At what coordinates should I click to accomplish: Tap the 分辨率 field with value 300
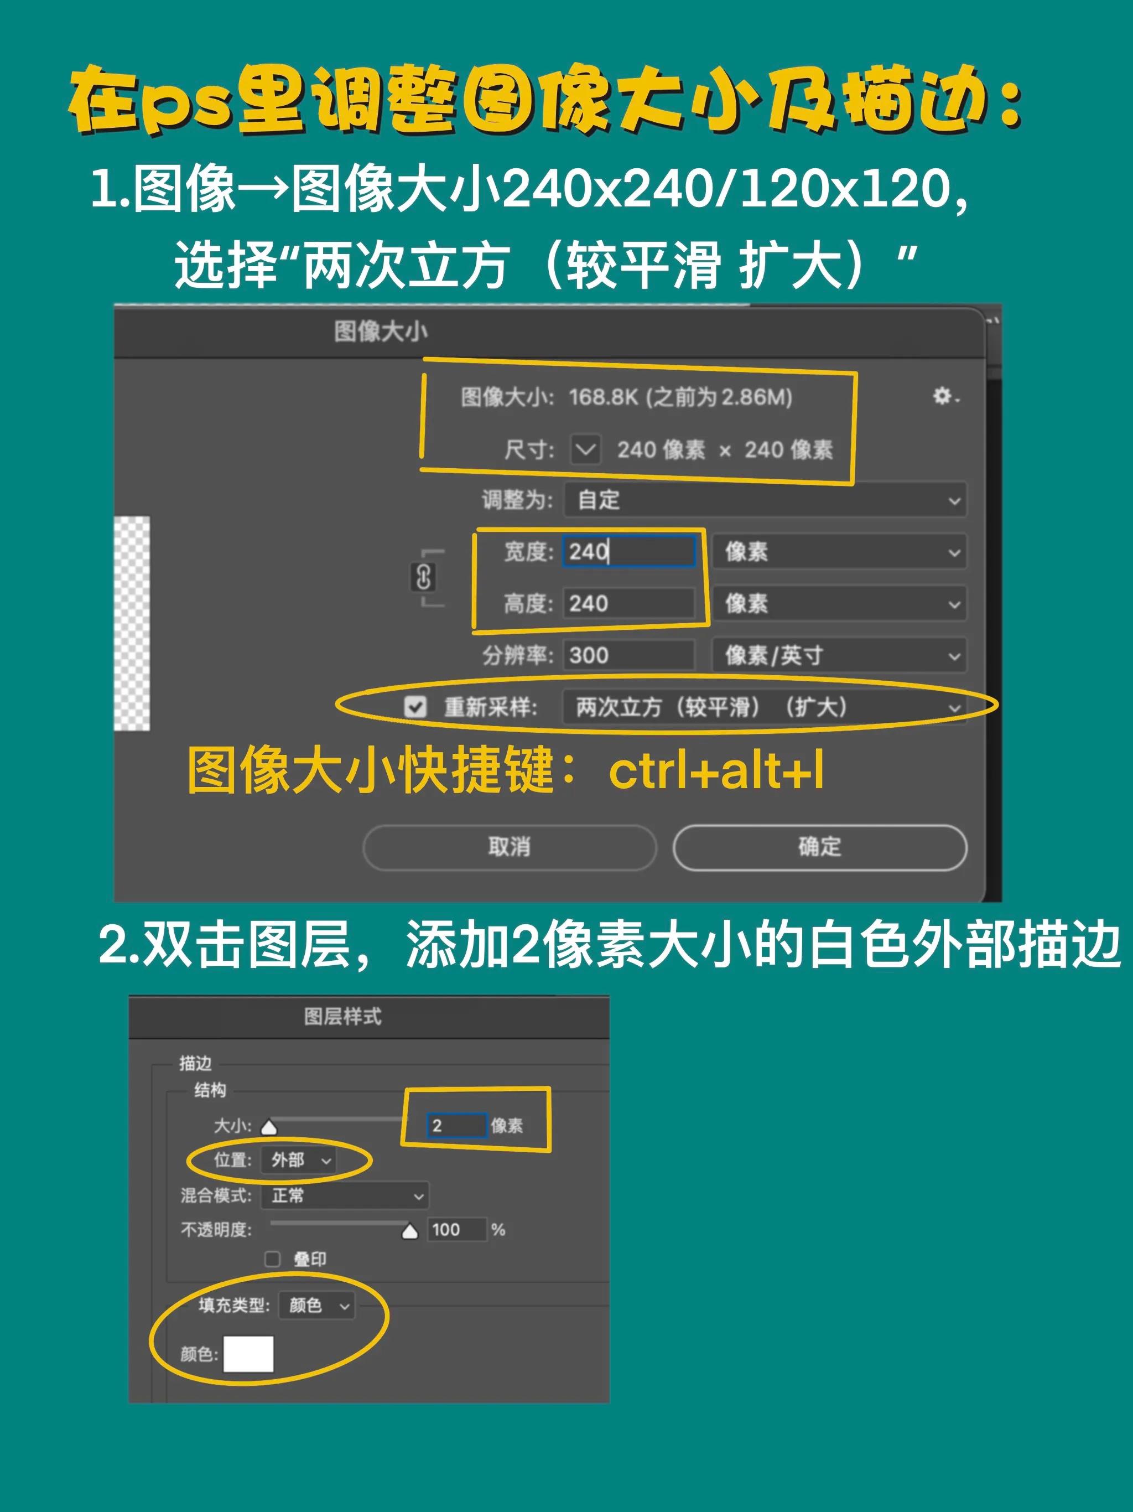click(628, 655)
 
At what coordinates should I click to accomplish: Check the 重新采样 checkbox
click(415, 707)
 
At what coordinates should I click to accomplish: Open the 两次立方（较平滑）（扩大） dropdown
click(763, 707)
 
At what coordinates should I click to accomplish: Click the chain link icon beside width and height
click(423, 578)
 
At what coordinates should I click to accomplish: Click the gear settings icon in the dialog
click(943, 396)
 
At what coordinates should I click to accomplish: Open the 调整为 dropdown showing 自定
click(763, 500)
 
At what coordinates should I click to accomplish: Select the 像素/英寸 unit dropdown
click(839, 655)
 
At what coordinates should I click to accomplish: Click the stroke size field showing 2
click(456, 1125)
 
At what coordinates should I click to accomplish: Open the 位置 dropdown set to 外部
click(299, 1160)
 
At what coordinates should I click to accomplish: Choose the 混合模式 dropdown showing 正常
click(345, 1195)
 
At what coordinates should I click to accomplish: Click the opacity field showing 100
click(456, 1230)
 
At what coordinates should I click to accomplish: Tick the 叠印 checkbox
click(273, 1259)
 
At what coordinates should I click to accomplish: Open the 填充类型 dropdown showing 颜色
click(317, 1306)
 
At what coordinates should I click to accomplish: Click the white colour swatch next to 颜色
click(249, 1354)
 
